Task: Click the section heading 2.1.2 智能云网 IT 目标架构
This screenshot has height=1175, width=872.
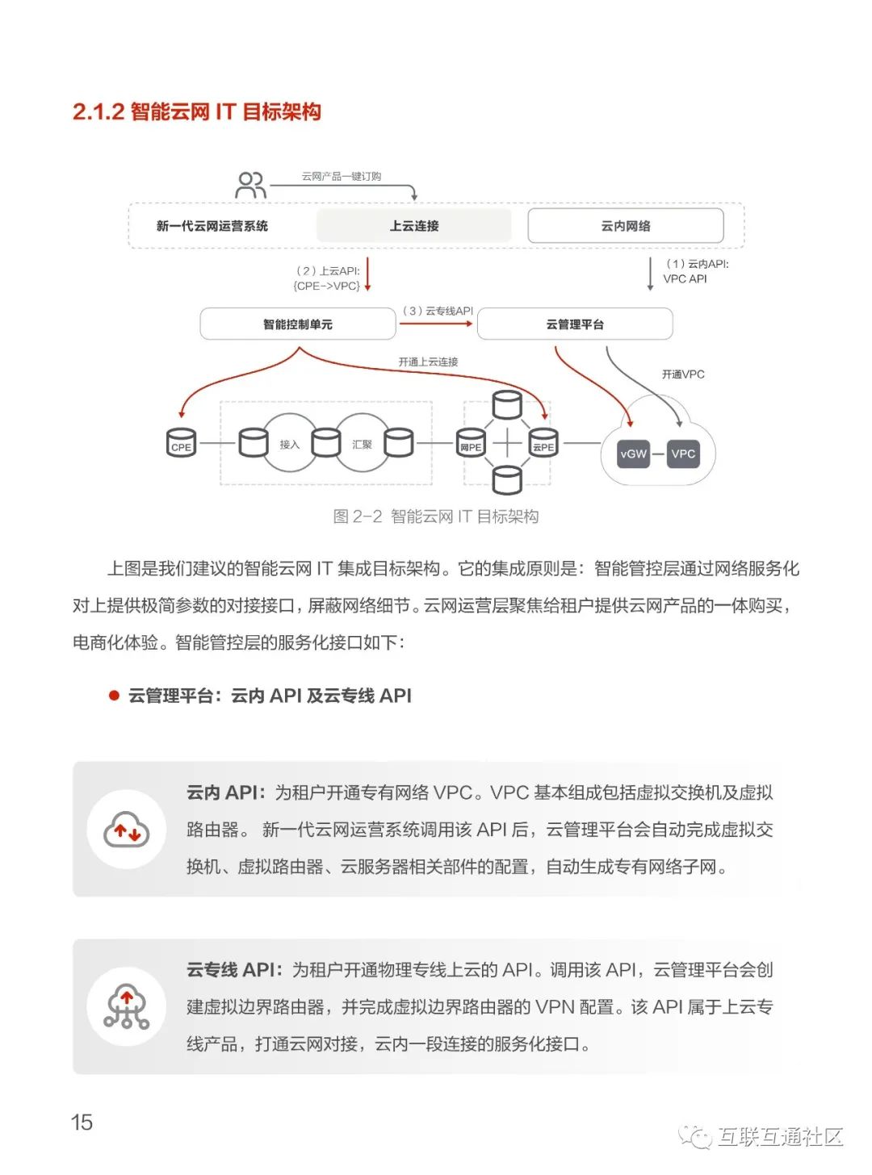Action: tap(196, 111)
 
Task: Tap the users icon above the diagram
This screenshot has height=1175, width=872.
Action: tap(250, 185)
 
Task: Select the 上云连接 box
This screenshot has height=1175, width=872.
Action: tap(413, 226)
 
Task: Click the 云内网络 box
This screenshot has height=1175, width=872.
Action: tap(625, 226)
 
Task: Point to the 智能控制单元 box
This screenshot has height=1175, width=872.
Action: tap(297, 324)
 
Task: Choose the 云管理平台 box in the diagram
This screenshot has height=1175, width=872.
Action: tap(574, 324)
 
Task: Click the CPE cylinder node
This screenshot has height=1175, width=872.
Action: tap(181, 443)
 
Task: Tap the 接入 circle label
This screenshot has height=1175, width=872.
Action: tap(289, 444)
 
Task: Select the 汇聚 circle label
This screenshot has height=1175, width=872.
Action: tap(362, 444)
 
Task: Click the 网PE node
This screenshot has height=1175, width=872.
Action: tap(471, 444)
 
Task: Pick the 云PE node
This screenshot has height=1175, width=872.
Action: tap(543, 444)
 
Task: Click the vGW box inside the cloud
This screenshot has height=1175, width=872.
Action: tap(633, 454)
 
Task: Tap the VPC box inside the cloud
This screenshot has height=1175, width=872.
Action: tap(683, 454)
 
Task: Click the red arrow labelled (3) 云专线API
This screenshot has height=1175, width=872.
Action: tap(436, 324)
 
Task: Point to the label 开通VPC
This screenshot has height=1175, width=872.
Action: tap(683, 374)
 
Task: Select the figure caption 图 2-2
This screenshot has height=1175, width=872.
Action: tap(435, 516)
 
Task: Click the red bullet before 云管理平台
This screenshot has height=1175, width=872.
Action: tap(115, 696)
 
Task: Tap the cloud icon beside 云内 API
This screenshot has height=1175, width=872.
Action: tap(127, 830)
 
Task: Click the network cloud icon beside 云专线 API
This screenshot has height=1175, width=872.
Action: tap(127, 1006)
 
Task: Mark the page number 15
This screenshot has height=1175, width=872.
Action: tap(82, 1123)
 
